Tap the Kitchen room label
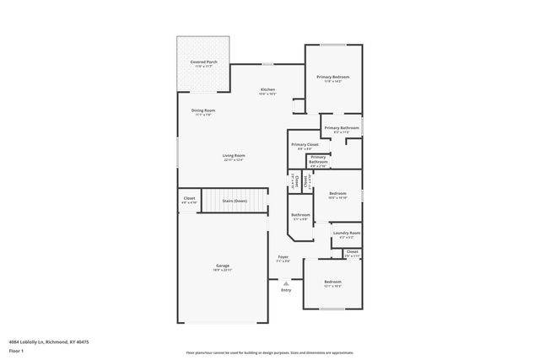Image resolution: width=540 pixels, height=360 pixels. [x=267, y=89]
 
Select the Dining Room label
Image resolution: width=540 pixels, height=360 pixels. [x=202, y=110]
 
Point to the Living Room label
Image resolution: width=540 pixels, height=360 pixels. [x=234, y=155]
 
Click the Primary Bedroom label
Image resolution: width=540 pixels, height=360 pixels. [x=333, y=77]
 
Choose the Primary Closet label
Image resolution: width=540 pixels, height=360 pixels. [x=305, y=144]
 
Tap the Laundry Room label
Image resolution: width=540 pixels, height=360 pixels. [x=347, y=233]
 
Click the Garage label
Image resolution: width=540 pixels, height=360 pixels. [x=222, y=266]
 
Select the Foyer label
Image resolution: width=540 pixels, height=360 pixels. [x=283, y=257]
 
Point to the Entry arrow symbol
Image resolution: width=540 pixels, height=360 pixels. [x=286, y=282]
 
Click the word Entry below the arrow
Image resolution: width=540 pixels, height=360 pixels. [x=286, y=290]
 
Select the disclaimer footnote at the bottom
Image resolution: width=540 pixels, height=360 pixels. [x=269, y=353]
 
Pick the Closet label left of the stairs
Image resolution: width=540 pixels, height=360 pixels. [x=189, y=199]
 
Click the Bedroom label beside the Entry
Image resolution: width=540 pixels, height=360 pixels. [x=333, y=282]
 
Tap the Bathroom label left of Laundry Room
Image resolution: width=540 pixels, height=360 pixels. [x=301, y=215]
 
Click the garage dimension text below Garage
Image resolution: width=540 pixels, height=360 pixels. [x=222, y=270]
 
